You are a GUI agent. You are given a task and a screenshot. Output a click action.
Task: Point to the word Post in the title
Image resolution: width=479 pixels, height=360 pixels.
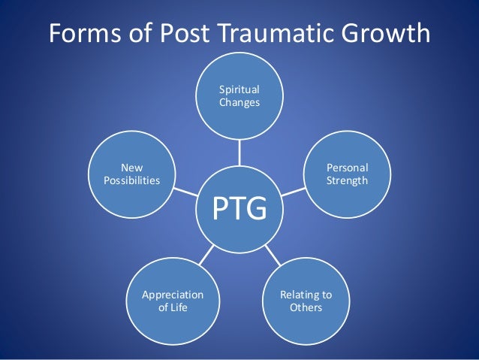point(190,33)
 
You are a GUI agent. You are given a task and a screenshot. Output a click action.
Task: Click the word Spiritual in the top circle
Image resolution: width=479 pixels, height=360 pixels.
point(239,90)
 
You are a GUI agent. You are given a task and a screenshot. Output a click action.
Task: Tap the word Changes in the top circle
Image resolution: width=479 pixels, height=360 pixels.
point(239,103)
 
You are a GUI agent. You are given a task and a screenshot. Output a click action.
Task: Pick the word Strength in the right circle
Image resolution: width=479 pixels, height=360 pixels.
point(348,181)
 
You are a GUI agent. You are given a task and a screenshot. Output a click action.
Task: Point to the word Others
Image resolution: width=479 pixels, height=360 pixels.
point(306,308)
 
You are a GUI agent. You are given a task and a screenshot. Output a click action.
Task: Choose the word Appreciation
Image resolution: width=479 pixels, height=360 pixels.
point(173,295)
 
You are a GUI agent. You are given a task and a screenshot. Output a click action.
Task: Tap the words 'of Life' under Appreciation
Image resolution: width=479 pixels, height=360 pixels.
point(173,308)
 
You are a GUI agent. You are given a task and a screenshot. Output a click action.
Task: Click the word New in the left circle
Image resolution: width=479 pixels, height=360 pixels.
point(132,168)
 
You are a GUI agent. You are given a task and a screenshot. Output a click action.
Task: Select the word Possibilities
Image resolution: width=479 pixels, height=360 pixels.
point(132,181)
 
